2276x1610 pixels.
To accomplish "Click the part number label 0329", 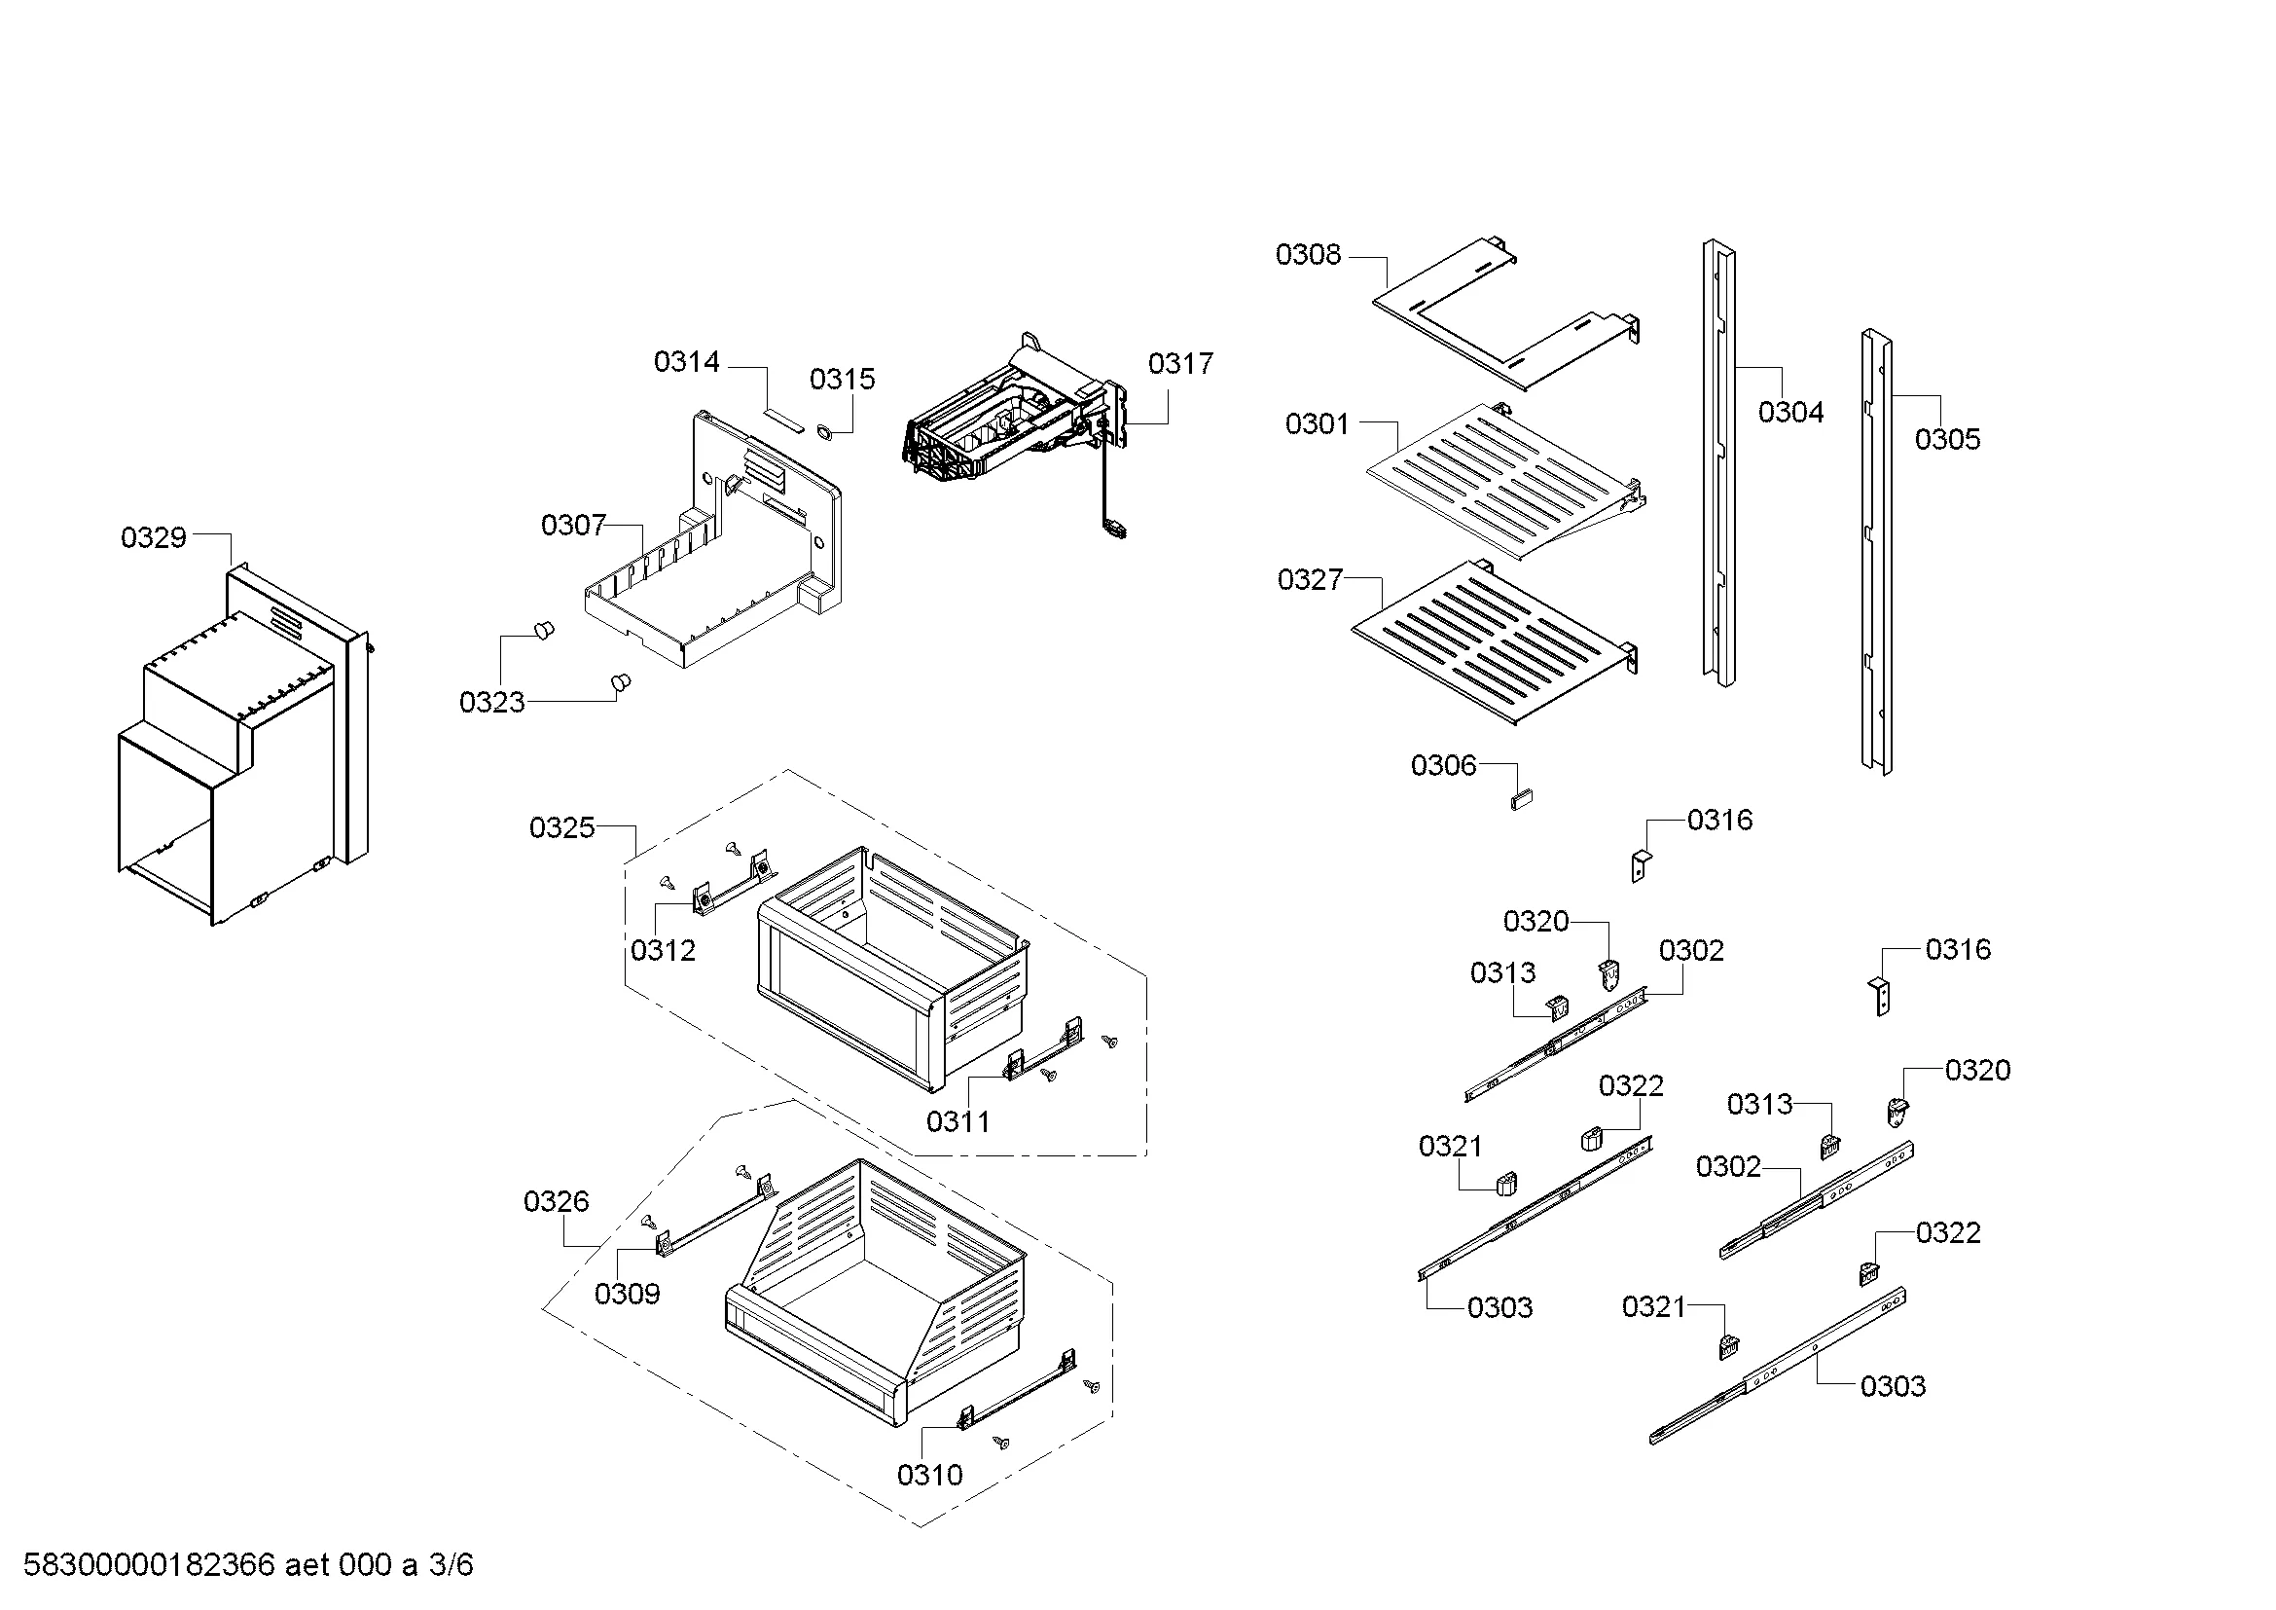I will [x=154, y=537].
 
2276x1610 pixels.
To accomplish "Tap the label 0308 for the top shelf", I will [x=1308, y=255].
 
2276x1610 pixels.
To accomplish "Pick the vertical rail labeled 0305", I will [x=1876, y=550].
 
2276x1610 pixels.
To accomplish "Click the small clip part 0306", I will [x=1522, y=798].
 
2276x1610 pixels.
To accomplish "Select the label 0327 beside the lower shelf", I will [x=1310, y=579].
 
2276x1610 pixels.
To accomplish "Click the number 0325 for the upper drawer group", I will [x=562, y=826].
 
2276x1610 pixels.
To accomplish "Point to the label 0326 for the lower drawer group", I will [x=557, y=1201].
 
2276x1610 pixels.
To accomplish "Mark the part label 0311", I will [x=957, y=1121].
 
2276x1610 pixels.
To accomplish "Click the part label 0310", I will [x=929, y=1475].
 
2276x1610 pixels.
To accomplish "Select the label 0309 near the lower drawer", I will [x=627, y=1293].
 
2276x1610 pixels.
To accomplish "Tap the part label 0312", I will [x=664, y=950].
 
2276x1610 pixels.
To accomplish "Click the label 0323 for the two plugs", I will [x=491, y=702].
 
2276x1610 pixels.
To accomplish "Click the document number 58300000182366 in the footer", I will [x=149, y=1565].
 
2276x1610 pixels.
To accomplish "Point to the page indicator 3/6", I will [x=452, y=1565].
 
